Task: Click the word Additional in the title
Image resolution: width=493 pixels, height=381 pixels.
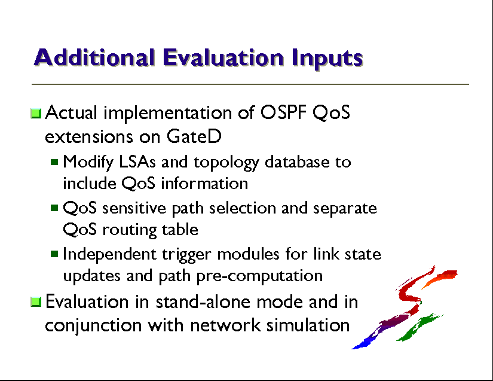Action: pos(94,57)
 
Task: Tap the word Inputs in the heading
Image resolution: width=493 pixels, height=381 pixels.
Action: pos(327,59)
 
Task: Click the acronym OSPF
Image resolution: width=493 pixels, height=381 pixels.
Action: pos(283,112)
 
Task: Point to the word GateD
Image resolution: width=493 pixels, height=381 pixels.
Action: pos(194,136)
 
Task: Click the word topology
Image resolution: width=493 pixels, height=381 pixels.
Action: pos(226,163)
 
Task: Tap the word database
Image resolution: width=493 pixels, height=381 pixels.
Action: pos(296,161)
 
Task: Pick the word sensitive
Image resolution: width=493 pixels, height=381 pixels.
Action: pos(134,208)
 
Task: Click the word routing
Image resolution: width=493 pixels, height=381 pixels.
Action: pos(129,230)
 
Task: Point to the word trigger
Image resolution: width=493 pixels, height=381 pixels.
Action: pos(186,255)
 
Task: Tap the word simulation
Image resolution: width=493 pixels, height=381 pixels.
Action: pos(308,325)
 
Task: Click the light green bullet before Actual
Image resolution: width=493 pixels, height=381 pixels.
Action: pos(36,113)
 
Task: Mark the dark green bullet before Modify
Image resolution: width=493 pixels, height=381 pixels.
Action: pos(54,162)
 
